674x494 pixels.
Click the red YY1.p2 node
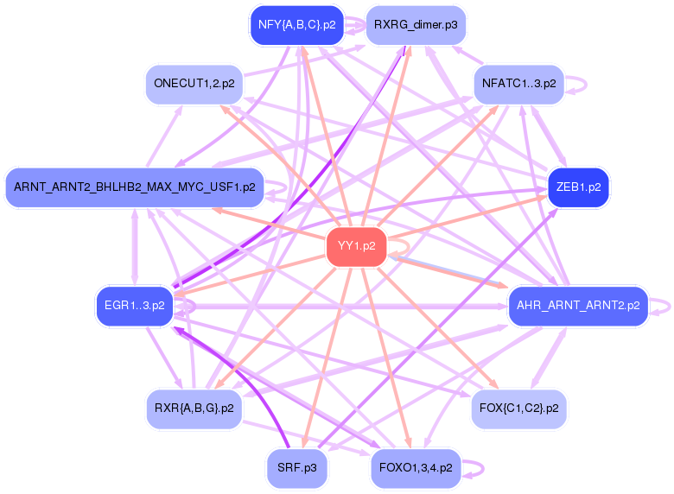click(x=356, y=246)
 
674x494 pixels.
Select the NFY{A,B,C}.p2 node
click(x=297, y=25)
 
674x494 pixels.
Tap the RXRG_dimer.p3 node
click(x=416, y=25)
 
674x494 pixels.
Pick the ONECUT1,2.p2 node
click(x=194, y=84)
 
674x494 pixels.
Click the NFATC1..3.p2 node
click(x=518, y=84)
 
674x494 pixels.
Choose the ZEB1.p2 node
click(x=579, y=187)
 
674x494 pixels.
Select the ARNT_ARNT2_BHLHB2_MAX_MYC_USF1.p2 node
click(x=135, y=187)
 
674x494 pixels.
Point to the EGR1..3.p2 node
click(x=135, y=306)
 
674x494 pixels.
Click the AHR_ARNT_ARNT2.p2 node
click(x=578, y=306)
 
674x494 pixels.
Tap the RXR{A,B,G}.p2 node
click(x=194, y=408)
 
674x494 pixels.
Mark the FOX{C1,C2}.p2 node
click(x=518, y=408)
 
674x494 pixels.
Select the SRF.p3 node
click(x=297, y=468)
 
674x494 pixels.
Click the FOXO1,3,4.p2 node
click(x=416, y=468)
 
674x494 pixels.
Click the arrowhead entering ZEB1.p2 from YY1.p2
click(x=542, y=198)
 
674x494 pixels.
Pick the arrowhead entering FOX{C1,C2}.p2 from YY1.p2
click(x=493, y=383)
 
